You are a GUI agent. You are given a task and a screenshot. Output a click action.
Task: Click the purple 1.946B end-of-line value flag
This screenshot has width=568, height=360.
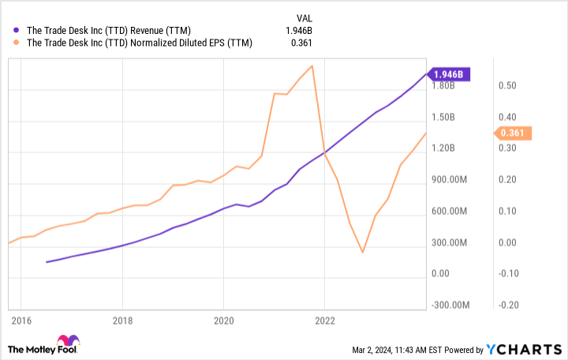coord(450,75)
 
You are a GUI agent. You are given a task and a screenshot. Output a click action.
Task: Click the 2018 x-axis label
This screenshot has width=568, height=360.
coord(121,321)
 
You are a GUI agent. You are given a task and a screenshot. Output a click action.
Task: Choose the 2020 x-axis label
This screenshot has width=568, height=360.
coord(223,321)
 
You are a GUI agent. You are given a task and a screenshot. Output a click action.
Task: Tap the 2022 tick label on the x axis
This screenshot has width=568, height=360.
coord(325,321)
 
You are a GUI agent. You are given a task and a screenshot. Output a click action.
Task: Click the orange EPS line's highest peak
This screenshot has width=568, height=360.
coord(313,66)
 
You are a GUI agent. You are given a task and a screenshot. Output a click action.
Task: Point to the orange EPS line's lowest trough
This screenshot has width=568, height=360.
coord(362,253)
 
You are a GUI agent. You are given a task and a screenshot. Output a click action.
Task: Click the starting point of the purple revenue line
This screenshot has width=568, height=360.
coord(47,262)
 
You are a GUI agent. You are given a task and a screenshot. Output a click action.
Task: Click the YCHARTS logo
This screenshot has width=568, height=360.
coord(525,349)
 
